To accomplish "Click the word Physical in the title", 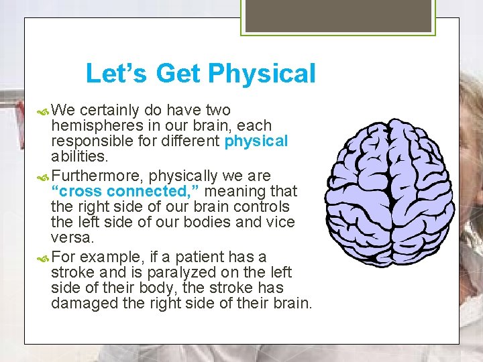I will click(x=262, y=74).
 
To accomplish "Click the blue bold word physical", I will click(x=256, y=141).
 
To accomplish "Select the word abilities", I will click(x=78, y=156).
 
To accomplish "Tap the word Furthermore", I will click(x=97, y=176).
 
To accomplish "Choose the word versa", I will click(x=70, y=237).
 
